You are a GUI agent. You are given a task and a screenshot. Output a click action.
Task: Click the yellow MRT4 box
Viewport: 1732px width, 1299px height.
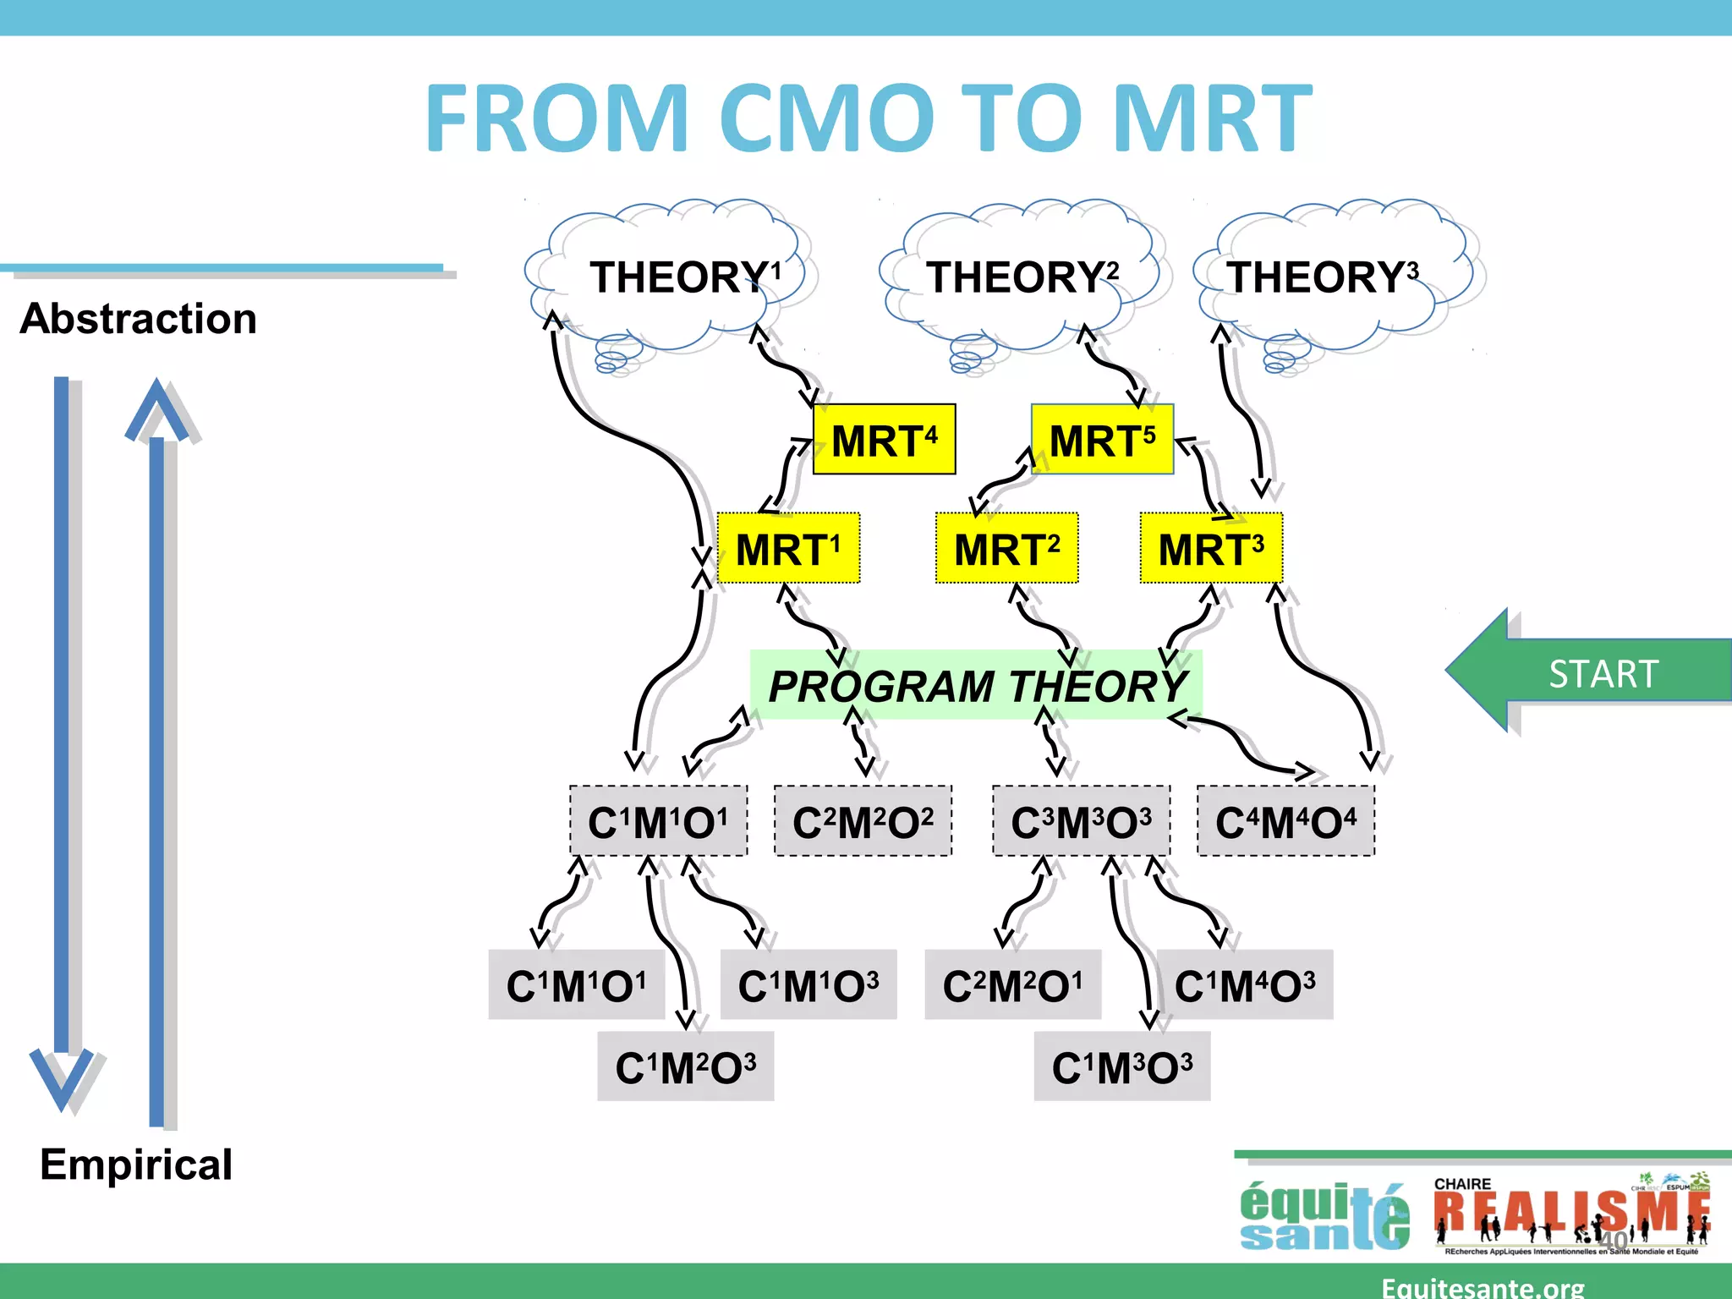(884, 440)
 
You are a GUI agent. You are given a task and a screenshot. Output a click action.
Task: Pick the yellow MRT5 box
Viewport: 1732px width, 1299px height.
(1102, 440)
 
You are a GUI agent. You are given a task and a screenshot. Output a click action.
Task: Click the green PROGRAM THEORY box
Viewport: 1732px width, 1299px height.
(977, 685)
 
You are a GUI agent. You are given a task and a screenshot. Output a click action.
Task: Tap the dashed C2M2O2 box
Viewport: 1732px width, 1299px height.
(863, 821)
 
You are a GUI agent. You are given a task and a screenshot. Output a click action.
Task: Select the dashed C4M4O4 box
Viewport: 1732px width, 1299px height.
(1285, 821)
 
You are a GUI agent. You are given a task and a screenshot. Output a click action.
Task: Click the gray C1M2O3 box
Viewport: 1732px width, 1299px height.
(685, 1066)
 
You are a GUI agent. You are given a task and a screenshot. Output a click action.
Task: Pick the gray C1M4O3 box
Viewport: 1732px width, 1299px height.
(1245, 985)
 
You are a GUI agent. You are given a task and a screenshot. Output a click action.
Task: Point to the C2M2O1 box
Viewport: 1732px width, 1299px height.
(1012, 985)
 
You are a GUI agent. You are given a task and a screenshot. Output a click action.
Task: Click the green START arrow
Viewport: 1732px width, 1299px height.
(1590, 672)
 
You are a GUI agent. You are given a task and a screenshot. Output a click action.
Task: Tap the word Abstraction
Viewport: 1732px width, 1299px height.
(138, 319)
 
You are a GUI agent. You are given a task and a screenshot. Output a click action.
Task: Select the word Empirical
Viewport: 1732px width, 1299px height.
(136, 1165)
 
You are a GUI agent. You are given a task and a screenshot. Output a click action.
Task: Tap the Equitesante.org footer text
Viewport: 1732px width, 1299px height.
(1483, 1286)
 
